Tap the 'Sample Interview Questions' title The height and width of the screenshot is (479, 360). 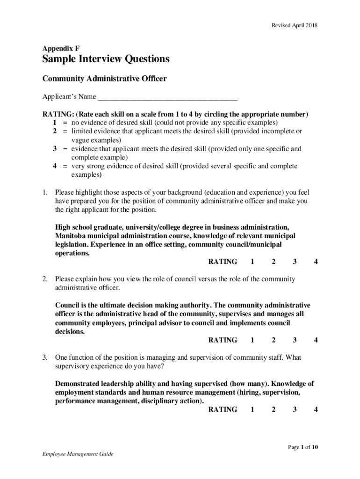pos(106,59)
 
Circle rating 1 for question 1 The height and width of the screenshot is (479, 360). pos(252,262)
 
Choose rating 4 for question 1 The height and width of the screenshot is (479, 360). pos(316,262)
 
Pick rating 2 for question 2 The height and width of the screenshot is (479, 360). pos(274,340)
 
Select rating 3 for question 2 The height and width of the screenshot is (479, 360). pos(295,340)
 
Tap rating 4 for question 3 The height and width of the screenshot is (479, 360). pos(316,410)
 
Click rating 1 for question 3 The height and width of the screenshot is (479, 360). pos(252,410)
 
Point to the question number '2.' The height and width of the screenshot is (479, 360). pos(45,279)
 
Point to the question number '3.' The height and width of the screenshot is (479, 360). pos(45,358)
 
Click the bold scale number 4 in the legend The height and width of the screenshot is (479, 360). pos(55,166)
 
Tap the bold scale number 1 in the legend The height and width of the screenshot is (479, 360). pos(55,123)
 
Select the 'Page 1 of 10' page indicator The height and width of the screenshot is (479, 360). pos(303,448)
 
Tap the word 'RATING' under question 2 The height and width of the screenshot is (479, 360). pos(223,340)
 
